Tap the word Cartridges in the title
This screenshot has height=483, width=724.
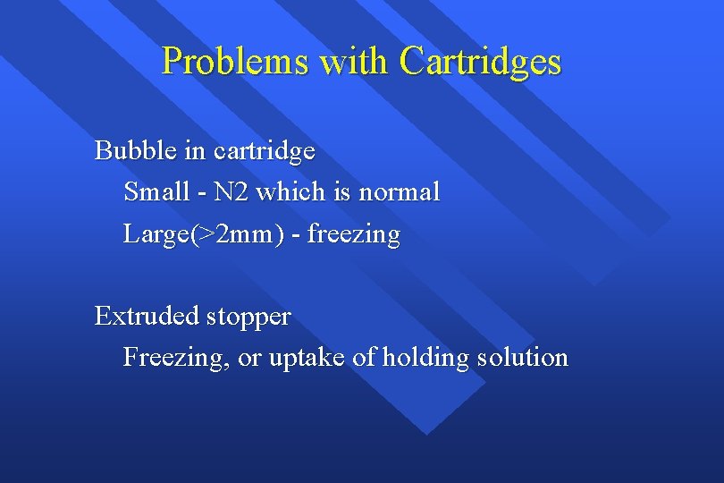pyautogui.click(x=481, y=62)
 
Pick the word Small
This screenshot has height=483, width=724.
pyautogui.click(x=156, y=191)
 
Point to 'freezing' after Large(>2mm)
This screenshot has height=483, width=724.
pyautogui.click(x=354, y=235)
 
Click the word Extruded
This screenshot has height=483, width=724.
pyautogui.click(x=147, y=316)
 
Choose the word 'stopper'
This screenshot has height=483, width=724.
pyautogui.click(x=249, y=317)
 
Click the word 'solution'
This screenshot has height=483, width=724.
pyautogui.click(x=522, y=358)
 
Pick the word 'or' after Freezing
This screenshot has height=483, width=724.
pyautogui.click(x=249, y=359)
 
